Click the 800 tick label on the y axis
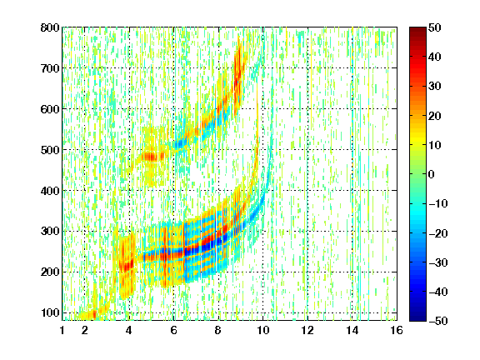coord(50,27)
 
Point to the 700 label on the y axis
coord(50,68)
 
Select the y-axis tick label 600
coord(50,109)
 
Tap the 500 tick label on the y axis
coord(50,150)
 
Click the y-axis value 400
coord(50,191)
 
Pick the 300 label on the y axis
coord(50,232)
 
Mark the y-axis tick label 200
coord(50,272)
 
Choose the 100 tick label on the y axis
coord(50,312)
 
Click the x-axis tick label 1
coord(62,330)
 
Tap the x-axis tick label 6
coord(173,330)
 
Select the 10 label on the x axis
coord(262,330)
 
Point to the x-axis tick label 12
coord(307,330)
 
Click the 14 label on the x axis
coord(352,330)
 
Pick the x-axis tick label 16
coord(397,330)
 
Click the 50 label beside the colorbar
coord(434,27)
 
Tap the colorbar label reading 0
coord(432,174)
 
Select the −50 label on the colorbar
coord(438,321)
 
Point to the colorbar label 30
coord(434,87)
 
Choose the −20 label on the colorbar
coord(438,233)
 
